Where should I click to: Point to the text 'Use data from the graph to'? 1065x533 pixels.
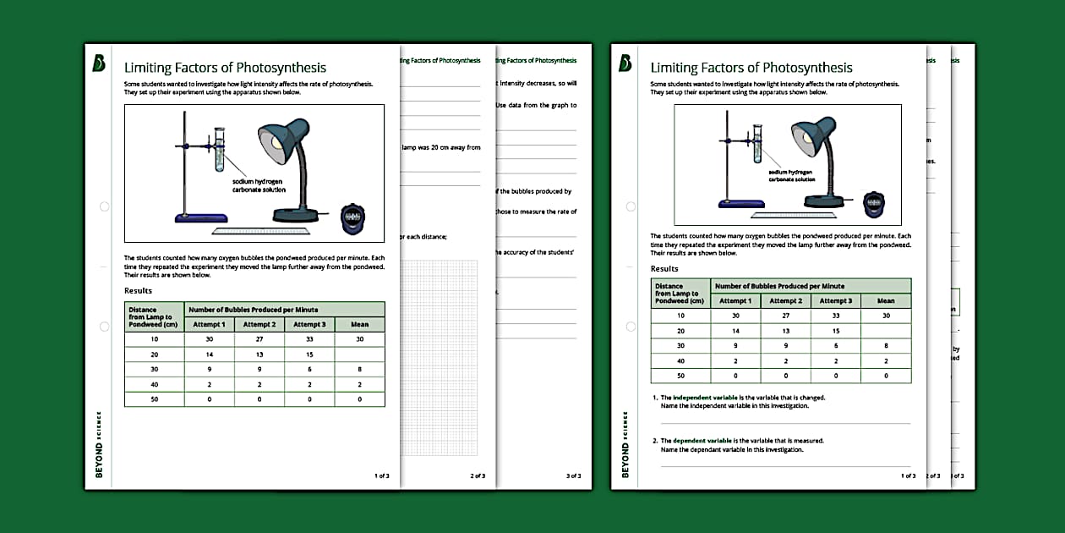point(537,105)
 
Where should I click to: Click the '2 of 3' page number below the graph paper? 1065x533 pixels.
point(477,476)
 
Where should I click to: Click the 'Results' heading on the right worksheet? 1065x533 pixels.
point(664,269)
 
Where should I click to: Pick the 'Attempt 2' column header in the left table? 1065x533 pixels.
point(259,324)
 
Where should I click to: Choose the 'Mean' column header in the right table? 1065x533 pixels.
point(885,300)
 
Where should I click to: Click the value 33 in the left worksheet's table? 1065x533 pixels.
point(309,339)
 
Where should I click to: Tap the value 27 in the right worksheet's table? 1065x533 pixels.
point(785,316)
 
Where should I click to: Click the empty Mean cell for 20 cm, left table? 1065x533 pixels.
point(359,354)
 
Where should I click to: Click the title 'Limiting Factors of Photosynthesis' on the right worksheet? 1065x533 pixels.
point(751,68)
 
